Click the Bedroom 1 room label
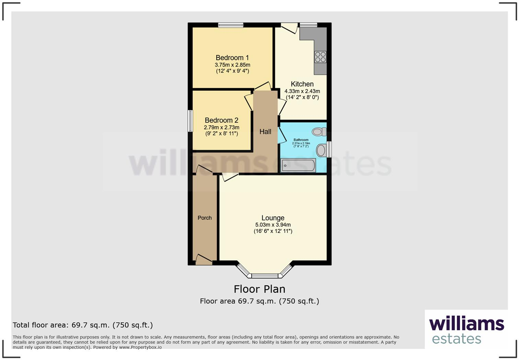[x=232, y=58]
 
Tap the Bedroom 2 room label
[x=221, y=120]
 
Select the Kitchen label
[x=302, y=84]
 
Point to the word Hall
[x=265, y=132]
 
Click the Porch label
[x=205, y=218]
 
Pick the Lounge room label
[x=273, y=218]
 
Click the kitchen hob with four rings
[x=320, y=57]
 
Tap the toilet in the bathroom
[x=319, y=132]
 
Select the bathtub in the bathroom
[x=298, y=166]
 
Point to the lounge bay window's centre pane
[x=265, y=275]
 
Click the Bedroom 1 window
[x=231, y=25]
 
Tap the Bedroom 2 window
[x=190, y=121]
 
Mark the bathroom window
[x=329, y=149]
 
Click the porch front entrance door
[x=204, y=260]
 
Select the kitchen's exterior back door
[x=289, y=27]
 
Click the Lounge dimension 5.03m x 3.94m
[x=273, y=225]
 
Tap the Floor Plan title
[x=259, y=289]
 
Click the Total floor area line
[x=83, y=325]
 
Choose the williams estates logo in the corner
[x=466, y=330]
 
